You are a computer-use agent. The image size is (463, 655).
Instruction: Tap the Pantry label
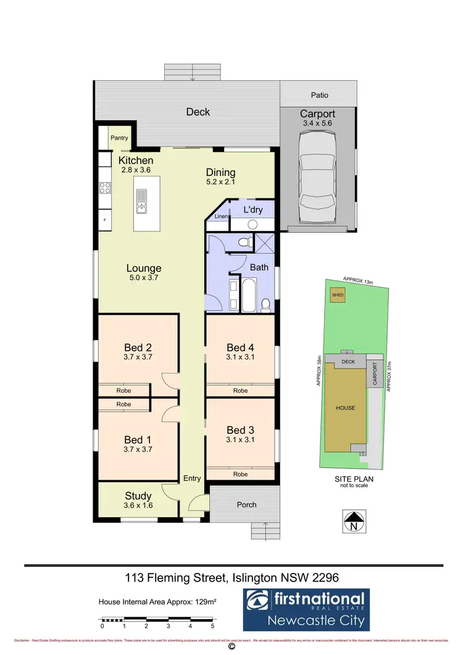click(119, 138)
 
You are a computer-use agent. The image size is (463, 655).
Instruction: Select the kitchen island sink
click(141, 201)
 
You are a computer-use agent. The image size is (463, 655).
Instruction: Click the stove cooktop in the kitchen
click(104, 188)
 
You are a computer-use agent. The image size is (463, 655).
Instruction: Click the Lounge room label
click(144, 268)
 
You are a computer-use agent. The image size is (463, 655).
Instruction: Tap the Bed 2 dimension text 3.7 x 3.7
click(138, 357)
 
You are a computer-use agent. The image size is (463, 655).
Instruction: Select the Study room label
click(138, 495)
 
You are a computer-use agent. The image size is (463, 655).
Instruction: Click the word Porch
click(246, 504)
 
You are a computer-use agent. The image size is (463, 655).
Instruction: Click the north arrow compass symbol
click(354, 522)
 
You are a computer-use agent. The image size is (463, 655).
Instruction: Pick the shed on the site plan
click(337, 294)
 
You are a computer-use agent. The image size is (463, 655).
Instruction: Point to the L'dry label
click(253, 210)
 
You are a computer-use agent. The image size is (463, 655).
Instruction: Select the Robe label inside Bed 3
click(240, 474)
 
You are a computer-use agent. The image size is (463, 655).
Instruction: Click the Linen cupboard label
click(220, 217)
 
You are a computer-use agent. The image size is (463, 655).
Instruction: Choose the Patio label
click(319, 95)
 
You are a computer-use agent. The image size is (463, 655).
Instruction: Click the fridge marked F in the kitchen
click(104, 220)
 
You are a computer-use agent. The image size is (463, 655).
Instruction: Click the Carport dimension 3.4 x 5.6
click(317, 123)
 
